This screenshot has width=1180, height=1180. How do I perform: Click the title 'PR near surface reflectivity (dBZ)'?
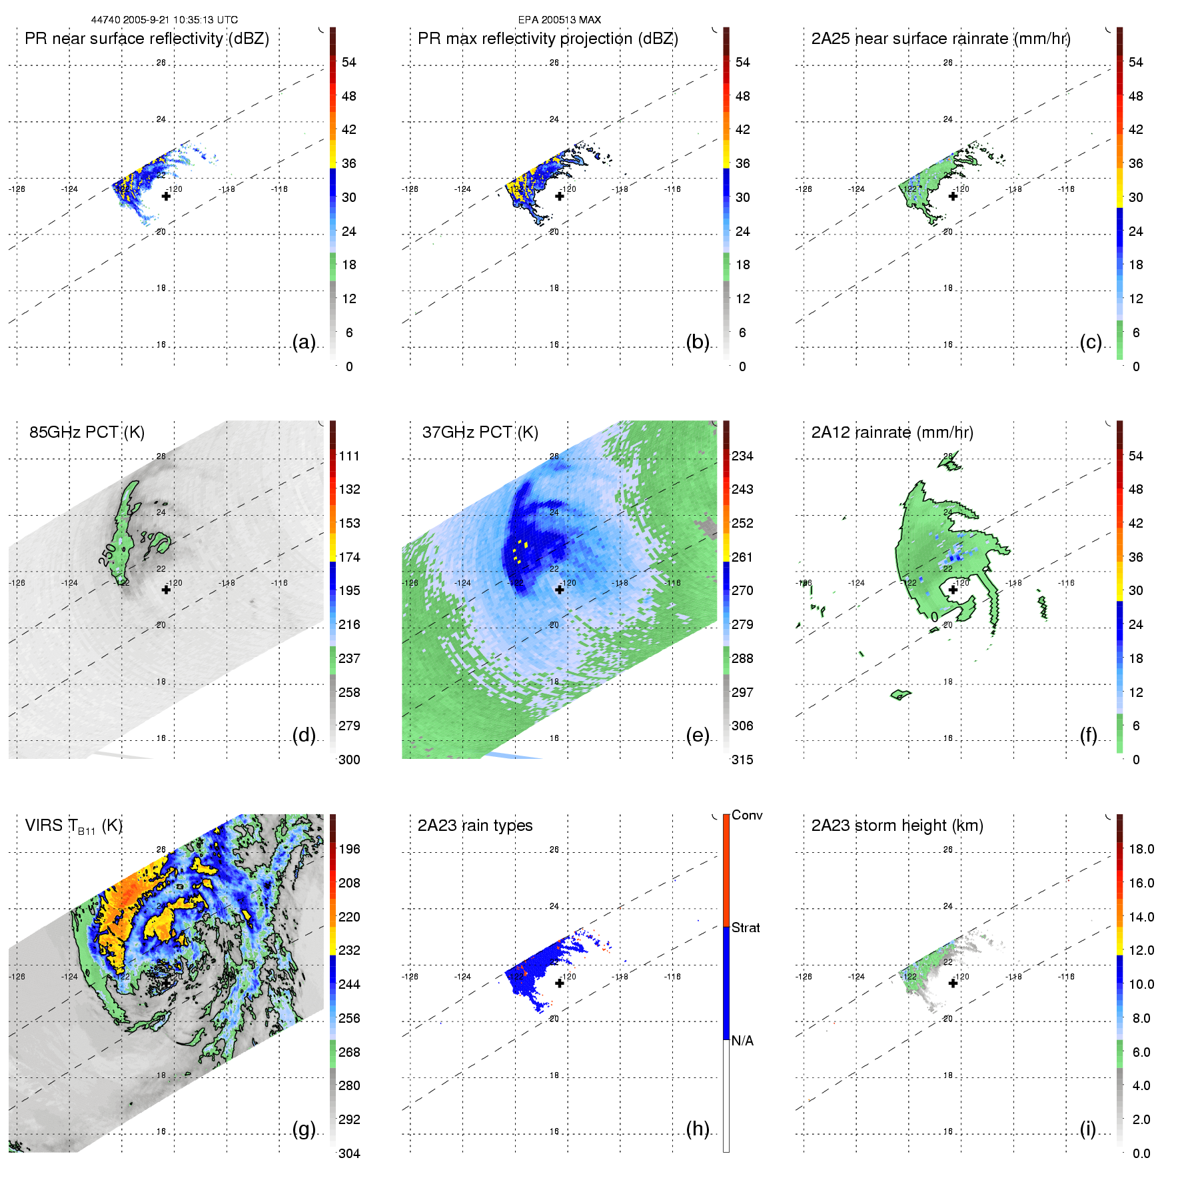(147, 39)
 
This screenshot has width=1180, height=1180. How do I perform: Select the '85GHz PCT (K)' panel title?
(87, 432)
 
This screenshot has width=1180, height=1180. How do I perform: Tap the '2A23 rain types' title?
(475, 826)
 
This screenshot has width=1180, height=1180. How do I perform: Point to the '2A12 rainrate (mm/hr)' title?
(892, 432)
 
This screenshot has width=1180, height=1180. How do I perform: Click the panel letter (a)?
(304, 342)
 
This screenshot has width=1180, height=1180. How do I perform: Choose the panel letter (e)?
(698, 736)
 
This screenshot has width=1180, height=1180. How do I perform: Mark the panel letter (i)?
(1087, 1129)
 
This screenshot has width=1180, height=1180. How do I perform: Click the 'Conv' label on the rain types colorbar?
(747, 815)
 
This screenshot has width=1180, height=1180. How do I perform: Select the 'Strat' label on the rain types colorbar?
(746, 927)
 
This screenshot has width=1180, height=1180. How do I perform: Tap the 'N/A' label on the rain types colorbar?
(742, 1041)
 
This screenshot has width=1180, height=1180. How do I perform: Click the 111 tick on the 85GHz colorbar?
(349, 456)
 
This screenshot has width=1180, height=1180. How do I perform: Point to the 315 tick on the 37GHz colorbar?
(742, 760)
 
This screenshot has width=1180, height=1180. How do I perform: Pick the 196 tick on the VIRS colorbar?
(349, 849)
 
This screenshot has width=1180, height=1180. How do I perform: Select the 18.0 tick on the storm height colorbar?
(1141, 849)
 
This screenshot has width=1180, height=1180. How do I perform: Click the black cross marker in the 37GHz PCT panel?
(560, 590)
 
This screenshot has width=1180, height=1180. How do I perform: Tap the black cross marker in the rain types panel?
(560, 983)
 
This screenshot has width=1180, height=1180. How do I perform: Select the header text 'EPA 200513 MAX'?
(560, 20)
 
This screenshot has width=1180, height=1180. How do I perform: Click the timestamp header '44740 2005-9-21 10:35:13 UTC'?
(165, 20)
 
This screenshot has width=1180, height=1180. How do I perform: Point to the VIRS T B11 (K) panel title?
(73, 826)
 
